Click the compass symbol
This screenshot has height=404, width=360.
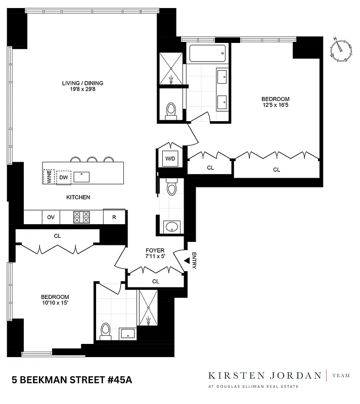(341, 51)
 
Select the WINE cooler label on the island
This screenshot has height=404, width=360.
(49, 177)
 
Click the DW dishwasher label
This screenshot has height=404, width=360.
(63, 177)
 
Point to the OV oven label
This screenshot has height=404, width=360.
(51, 217)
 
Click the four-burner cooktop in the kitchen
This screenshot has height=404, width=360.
(82, 217)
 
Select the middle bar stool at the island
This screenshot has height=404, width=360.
(92, 160)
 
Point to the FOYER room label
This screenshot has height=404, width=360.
(155, 250)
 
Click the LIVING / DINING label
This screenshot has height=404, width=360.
(83, 83)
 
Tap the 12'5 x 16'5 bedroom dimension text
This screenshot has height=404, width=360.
(275, 106)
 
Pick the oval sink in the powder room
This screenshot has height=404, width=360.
(172, 227)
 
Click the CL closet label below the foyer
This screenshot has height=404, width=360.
(156, 281)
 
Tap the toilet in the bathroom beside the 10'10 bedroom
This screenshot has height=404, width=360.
(105, 330)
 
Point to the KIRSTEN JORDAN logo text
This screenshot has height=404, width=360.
(265, 375)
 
